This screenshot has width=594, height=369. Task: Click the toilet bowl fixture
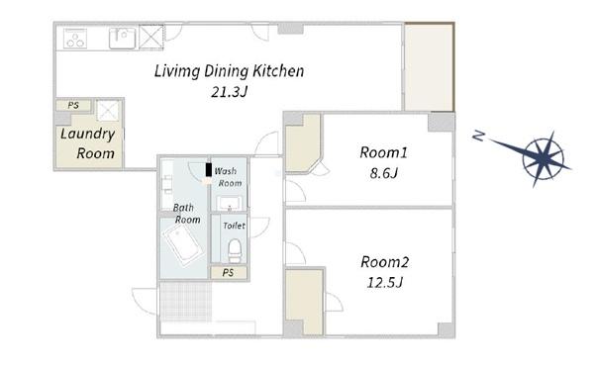click(235, 250)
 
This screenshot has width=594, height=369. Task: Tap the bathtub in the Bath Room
click(182, 243)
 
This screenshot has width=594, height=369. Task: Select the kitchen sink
click(122, 39)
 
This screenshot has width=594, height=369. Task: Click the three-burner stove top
click(75, 39)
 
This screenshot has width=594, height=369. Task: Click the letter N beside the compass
click(479, 136)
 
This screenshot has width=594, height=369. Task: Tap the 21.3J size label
click(229, 92)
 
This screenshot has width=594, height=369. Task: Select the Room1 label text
click(383, 152)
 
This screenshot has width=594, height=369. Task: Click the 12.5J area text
click(384, 282)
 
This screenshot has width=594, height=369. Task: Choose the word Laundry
click(87, 135)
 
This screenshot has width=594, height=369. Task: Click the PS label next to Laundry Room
click(73, 105)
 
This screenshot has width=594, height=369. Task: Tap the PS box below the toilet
click(229, 272)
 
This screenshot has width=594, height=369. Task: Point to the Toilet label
click(234, 226)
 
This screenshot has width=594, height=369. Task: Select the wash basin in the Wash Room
click(230, 204)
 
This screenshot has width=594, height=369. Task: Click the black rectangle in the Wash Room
click(208, 169)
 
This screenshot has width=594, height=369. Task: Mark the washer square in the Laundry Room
click(108, 111)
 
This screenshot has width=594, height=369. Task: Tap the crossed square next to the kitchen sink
click(151, 37)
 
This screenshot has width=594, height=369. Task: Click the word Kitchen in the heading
click(278, 71)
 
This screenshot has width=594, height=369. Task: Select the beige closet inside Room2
click(304, 302)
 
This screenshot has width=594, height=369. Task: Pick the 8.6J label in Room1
click(383, 173)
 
